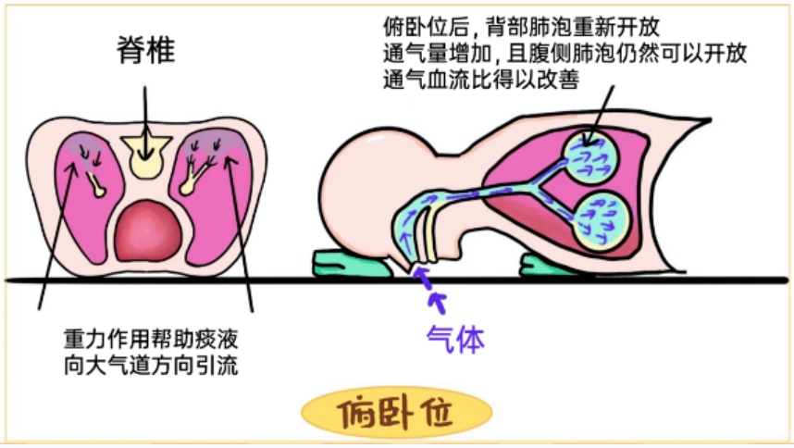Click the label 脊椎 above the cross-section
pyautogui.click(x=146, y=50)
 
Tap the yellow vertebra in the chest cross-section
pyautogui.click(x=146, y=156)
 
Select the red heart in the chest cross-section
pyautogui.click(x=148, y=231)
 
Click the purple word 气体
pyautogui.click(x=455, y=338)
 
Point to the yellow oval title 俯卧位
pyautogui.click(x=396, y=412)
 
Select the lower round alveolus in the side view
pyautogui.click(x=602, y=222)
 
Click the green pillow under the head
pyautogui.click(x=353, y=264)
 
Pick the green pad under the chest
pyautogui.click(x=550, y=267)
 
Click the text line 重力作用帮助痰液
pyautogui.click(x=151, y=339)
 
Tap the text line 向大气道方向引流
pyautogui.click(x=151, y=365)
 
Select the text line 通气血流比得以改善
pyautogui.click(x=481, y=80)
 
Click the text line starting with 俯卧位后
pyautogui.click(x=522, y=26)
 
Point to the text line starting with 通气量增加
pyautogui.click(x=564, y=53)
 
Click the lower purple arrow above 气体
pyautogui.click(x=438, y=302)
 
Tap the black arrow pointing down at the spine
pyautogui.click(x=145, y=122)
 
